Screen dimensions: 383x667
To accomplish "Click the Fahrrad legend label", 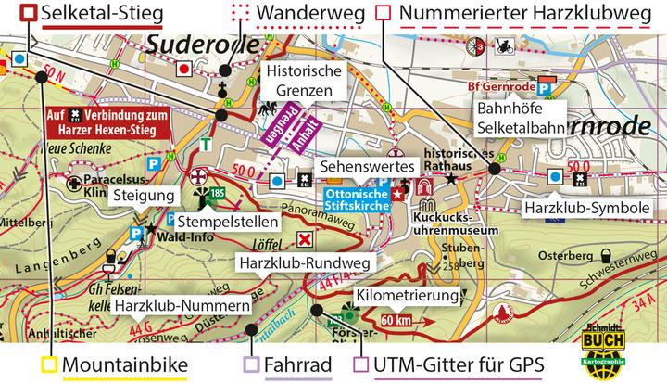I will coord(298,364).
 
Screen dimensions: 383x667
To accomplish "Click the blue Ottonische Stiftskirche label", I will coord(356,198).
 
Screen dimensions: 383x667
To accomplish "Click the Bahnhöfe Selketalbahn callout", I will coord(521,119).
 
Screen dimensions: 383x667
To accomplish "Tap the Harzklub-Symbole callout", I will coord(585,209).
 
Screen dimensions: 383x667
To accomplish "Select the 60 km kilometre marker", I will coord(396,320).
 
